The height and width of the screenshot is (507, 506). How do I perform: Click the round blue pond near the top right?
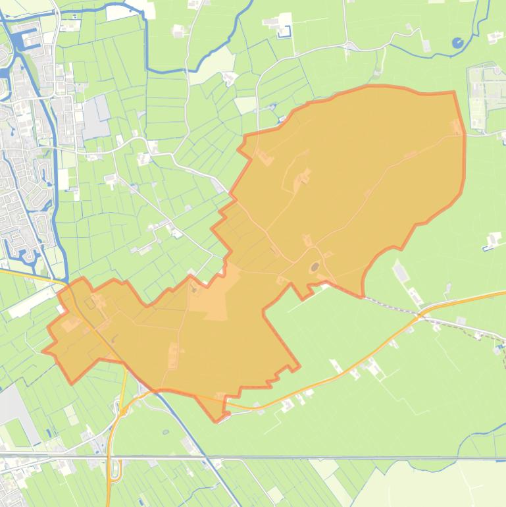457,43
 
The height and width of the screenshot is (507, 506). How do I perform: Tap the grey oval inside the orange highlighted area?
314,267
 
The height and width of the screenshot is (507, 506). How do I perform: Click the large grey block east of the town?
96,117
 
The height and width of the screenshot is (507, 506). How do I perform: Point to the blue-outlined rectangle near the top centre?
284,31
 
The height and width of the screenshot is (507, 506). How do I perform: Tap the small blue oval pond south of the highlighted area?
165,433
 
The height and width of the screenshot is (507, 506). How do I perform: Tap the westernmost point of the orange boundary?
43,351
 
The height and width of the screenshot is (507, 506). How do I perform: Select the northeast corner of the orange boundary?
454,93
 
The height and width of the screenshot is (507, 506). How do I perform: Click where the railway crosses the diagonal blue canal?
203,456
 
